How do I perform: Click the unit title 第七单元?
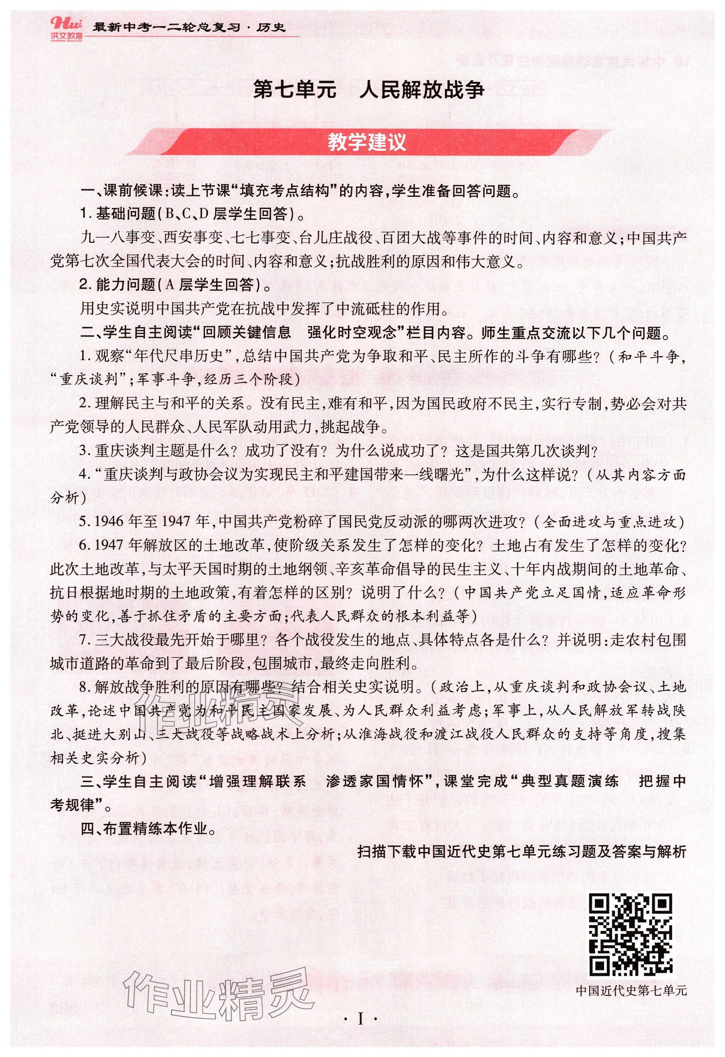coord(294,90)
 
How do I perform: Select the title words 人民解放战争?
coord(421,90)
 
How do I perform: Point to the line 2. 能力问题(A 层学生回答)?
coord(175,285)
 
